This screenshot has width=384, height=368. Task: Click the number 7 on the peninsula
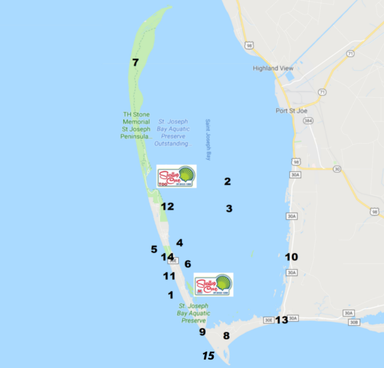point(136,63)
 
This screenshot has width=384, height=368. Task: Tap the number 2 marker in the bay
point(227,182)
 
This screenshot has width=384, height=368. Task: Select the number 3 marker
point(229,209)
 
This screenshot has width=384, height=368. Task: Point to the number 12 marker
point(167,207)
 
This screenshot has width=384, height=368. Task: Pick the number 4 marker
point(180,243)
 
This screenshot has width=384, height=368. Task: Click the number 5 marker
point(154,249)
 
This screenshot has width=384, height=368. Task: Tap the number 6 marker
point(188,264)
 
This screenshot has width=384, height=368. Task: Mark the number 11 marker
point(169,276)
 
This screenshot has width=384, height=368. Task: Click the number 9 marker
point(202,332)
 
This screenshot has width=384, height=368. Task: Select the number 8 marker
point(226,335)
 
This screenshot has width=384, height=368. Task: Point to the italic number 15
point(208,356)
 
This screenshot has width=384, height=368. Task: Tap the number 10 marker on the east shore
point(291,257)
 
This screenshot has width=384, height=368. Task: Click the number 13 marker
point(282,319)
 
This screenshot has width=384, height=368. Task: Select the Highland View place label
point(273,69)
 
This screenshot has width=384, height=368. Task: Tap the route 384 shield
point(308,121)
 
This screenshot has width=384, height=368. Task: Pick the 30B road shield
point(354,322)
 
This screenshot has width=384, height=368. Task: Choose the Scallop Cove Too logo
point(177,176)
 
